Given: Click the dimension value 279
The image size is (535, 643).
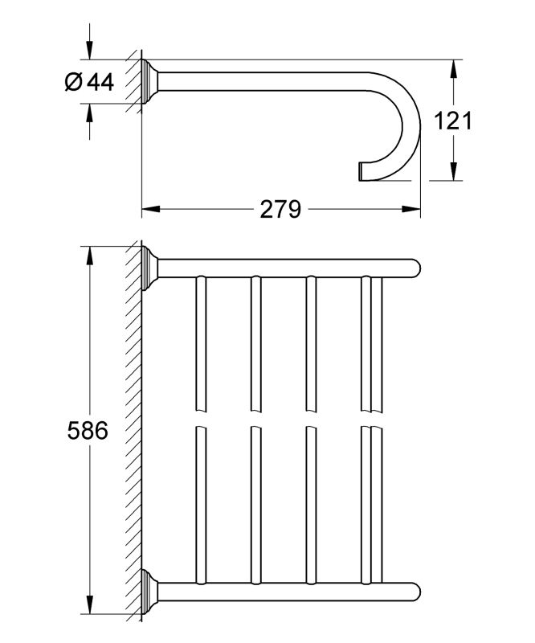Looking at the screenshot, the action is [x=280, y=209].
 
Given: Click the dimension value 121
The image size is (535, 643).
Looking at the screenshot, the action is [x=453, y=121].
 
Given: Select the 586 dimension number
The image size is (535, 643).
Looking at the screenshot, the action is [x=88, y=431].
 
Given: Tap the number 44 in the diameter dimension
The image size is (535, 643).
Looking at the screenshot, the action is [x=100, y=82].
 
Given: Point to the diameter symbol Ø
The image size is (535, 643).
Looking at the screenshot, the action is [x=74, y=82].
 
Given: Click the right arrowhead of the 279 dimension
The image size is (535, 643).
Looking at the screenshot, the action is [x=411, y=209].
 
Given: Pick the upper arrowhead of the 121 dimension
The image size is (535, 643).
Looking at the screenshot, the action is [x=453, y=69].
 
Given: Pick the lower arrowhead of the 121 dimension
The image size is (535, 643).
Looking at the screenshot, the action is [x=453, y=171].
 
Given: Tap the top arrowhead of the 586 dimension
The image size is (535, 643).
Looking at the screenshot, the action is [x=88, y=256].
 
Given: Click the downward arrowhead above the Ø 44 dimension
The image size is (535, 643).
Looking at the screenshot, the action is [x=90, y=51].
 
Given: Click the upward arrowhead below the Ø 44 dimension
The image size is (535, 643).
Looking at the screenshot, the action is [x=90, y=113].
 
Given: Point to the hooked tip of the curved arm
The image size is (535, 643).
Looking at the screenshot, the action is [x=360, y=171].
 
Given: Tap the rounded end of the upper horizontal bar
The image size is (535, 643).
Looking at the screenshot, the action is [x=415, y=268].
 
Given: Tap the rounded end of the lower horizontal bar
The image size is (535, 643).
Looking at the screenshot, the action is [x=415, y=592].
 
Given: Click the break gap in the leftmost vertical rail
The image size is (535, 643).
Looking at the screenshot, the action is [x=201, y=419].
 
